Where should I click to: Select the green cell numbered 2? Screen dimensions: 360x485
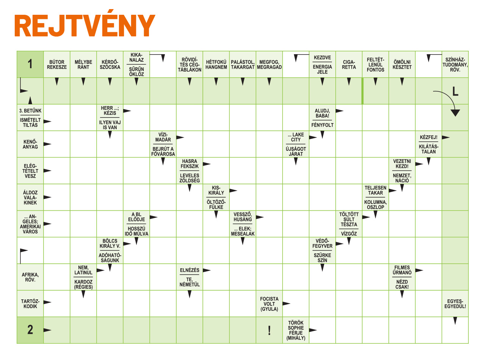tap(30, 330)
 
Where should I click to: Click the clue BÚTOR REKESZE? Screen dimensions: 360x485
tap(57, 64)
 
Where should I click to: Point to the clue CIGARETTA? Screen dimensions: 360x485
tap(349, 64)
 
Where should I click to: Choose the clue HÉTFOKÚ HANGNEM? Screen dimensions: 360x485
tap(216, 64)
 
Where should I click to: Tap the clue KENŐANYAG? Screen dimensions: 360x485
tap(30, 144)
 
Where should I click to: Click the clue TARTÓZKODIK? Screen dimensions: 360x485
tap(30, 304)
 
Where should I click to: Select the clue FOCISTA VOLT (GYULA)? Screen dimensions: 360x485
tap(269, 304)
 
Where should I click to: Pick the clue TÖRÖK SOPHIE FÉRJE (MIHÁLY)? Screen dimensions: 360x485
tap(296, 330)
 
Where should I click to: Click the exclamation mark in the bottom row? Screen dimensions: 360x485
tap(269, 331)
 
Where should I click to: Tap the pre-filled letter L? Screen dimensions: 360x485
tap(455, 91)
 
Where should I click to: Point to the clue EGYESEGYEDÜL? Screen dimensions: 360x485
tap(455, 304)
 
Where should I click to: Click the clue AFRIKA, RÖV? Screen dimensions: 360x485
tap(30, 277)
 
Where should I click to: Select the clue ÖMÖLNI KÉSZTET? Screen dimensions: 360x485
tap(402, 64)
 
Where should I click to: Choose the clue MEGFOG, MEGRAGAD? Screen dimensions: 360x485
tap(269, 64)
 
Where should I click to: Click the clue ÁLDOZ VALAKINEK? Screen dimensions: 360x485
tap(30, 197)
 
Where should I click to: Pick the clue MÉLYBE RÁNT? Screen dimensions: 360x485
tap(83, 64)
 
